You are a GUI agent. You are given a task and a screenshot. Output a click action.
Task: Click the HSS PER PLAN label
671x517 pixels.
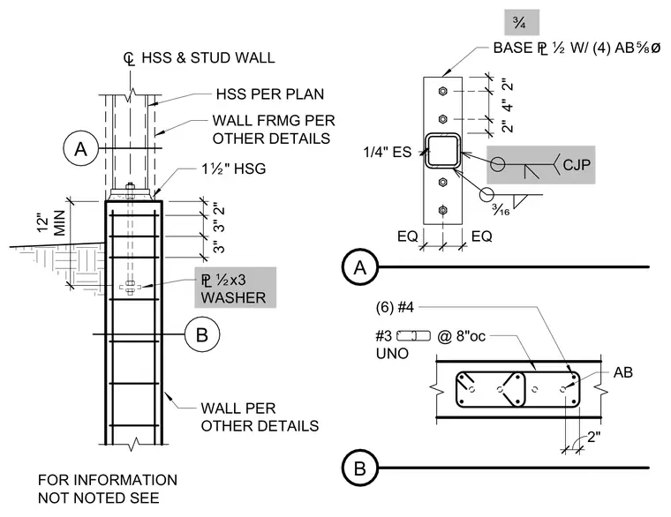269,94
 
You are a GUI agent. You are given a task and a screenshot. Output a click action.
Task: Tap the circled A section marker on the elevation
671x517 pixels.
81,149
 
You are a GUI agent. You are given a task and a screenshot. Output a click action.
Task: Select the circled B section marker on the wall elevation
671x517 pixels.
202,334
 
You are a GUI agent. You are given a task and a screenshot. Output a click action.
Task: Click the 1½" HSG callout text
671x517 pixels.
234,169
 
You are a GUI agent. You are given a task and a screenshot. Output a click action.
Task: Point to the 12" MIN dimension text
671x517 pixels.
51,222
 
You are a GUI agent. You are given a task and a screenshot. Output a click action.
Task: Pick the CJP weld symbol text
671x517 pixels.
577,165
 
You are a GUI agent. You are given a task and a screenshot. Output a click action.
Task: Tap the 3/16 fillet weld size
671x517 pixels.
501,209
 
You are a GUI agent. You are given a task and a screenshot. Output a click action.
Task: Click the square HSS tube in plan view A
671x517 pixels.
443,151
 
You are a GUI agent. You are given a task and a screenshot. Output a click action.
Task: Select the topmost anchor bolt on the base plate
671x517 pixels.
443,91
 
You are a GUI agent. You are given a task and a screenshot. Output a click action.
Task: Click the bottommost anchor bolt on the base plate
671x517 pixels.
443,210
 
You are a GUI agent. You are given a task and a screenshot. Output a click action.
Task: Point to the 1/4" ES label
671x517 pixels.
388,152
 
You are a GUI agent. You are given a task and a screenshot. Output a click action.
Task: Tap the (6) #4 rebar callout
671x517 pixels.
395,307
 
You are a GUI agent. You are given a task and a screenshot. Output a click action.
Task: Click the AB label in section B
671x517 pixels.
622,373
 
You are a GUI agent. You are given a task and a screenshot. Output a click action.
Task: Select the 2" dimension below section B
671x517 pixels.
593,437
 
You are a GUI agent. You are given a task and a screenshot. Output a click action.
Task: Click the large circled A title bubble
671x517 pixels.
360,266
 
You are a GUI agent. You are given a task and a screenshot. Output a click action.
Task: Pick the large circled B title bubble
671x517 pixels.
360,468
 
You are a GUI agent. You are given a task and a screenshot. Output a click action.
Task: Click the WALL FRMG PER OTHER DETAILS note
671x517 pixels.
274,130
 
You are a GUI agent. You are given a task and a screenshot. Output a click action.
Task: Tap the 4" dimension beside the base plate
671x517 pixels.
507,105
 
